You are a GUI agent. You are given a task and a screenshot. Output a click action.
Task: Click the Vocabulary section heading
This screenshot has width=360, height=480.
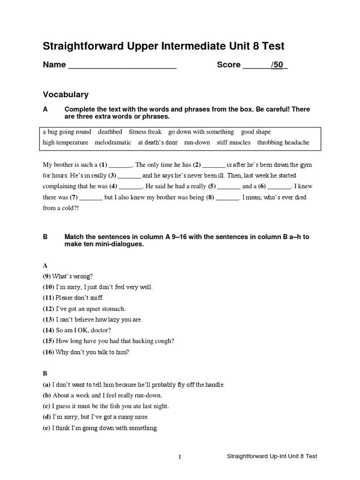tap(66, 95)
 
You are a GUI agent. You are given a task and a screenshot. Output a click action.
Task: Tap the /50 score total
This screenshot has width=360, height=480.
tap(278, 65)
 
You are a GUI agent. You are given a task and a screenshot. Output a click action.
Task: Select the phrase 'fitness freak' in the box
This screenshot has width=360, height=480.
tap(145, 132)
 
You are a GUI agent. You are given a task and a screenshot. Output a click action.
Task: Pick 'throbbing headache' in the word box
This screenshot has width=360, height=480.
tap(283, 142)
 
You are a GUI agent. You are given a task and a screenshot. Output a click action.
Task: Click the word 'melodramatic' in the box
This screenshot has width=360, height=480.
tap(112, 142)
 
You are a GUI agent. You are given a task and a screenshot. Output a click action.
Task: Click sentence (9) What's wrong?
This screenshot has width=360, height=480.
tap(67, 276)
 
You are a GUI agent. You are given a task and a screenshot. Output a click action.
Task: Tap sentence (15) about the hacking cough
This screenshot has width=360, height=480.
tap(102, 341)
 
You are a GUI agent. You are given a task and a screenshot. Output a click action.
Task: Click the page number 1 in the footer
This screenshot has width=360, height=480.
tap(180, 457)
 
